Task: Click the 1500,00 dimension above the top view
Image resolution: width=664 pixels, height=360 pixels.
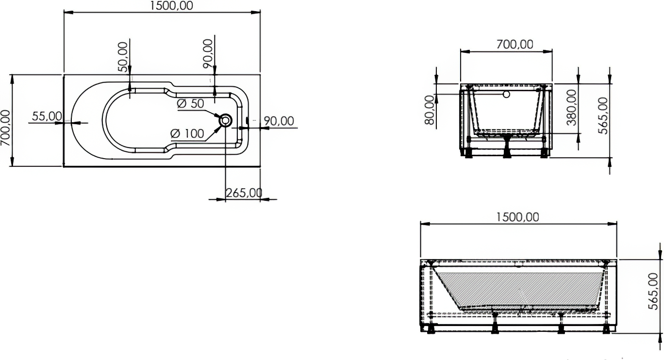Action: click(x=171, y=6)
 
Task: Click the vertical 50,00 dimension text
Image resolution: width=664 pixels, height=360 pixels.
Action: click(x=123, y=57)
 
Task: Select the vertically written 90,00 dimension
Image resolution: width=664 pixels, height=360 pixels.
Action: click(x=208, y=54)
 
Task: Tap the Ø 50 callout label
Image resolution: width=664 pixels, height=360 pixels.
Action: click(x=190, y=104)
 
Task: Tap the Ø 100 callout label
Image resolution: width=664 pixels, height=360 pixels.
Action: click(x=187, y=133)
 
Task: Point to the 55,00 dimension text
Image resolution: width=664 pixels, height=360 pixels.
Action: click(x=47, y=116)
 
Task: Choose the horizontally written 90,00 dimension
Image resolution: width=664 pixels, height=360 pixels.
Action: click(x=279, y=121)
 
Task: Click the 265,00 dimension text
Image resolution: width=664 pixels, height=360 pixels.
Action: click(x=244, y=193)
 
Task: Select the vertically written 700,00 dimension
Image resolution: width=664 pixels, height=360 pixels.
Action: click(x=5, y=128)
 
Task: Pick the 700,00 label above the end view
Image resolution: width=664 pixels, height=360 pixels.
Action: click(x=515, y=45)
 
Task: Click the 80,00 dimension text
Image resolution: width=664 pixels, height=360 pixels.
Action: click(x=429, y=110)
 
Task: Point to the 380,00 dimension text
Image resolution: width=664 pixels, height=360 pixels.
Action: click(x=571, y=108)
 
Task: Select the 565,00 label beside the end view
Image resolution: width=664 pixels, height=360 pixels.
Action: click(x=603, y=116)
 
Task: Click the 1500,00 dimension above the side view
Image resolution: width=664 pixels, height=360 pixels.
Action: click(x=517, y=217)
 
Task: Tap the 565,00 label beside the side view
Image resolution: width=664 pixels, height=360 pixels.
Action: click(x=653, y=292)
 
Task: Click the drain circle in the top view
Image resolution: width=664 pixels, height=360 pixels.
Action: click(x=226, y=121)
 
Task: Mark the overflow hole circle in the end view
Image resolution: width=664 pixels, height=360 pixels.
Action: click(x=506, y=95)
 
